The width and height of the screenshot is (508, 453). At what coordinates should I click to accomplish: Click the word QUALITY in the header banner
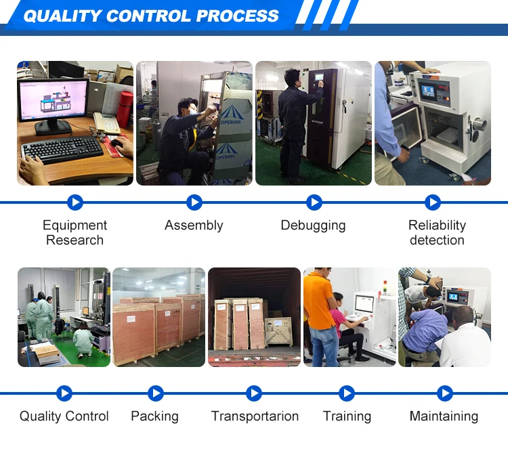tap(62, 16)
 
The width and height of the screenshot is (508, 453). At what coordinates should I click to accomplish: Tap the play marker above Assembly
tap(194, 202)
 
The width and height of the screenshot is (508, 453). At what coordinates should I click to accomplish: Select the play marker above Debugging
tap(314, 202)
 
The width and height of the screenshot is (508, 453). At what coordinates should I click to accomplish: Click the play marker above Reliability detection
tap(433, 202)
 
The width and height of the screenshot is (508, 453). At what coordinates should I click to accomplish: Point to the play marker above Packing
tap(156, 393)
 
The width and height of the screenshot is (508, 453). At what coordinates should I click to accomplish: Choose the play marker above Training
tap(347, 393)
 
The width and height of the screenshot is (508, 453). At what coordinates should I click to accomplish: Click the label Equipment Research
tap(75, 232)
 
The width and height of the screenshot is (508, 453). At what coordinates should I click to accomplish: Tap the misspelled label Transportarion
tap(255, 416)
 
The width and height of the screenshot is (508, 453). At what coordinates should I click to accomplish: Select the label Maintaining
tap(444, 416)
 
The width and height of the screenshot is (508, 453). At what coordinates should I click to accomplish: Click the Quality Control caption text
tap(64, 416)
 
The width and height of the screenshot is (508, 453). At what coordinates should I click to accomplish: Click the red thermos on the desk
tap(125, 109)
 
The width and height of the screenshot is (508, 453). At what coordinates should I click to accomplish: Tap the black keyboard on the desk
tap(63, 150)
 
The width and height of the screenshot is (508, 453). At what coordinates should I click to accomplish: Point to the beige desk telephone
tap(106, 123)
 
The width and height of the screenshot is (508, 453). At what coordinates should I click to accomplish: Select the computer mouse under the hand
tap(117, 143)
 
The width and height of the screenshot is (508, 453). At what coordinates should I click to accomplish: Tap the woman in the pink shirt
tap(347, 327)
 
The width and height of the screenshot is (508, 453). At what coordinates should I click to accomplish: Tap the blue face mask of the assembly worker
tap(192, 112)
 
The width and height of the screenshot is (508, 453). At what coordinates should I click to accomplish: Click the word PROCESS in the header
tap(237, 16)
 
